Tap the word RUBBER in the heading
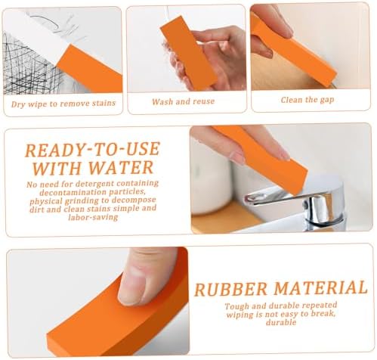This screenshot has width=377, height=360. point(230,289)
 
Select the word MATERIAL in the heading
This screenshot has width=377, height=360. point(320,288)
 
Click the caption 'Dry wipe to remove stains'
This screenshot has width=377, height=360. point(63,104)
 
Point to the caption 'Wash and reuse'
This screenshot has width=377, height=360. point(183,101)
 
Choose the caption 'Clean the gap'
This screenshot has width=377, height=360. point(307,100)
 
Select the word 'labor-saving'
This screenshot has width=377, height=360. point(93,217)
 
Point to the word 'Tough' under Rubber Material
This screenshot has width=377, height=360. point(236,306)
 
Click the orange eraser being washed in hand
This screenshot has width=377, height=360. point(189,52)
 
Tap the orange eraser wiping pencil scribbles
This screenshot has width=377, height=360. point(90,69)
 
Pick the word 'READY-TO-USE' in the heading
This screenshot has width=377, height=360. point(92,150)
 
